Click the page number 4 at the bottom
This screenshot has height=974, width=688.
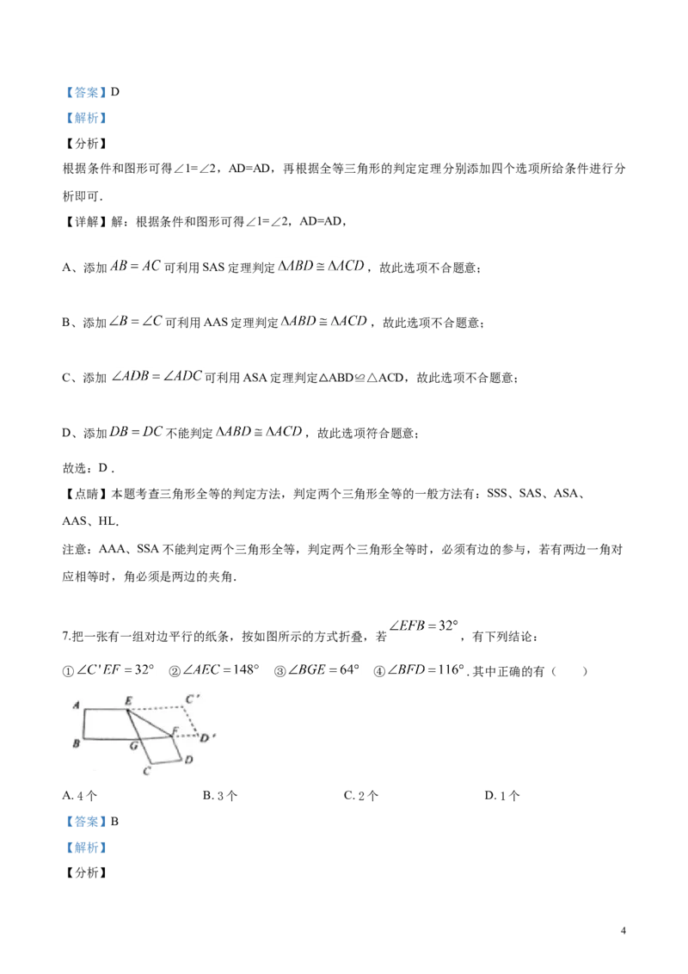tap(623, 930)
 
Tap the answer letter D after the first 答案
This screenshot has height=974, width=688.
tap(115, 92)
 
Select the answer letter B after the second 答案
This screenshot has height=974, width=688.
tap(115, 821)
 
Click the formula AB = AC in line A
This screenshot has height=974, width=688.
tap(135, 266)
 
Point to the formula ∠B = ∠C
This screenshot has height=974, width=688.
tap(135, 321)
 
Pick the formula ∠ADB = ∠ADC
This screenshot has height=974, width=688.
tap(157, 376)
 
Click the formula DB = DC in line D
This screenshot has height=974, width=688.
tap(136, 432)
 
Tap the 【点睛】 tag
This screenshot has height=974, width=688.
tap(86, 494)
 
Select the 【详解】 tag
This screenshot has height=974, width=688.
tap(86, 221)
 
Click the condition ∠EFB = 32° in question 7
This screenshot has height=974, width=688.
tap(423, 626)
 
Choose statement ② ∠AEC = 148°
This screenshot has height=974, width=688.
tap(213, 670)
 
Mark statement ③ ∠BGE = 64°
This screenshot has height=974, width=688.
tap(316, 670)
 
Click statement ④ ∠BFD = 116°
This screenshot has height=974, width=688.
tap(419, 670)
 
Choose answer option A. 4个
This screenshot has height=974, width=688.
tap(79, 796)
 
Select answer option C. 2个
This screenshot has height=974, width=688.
tap(360, 796)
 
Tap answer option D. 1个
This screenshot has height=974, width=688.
tap(501, 796)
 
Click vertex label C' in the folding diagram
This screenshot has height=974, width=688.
tap(193, 700)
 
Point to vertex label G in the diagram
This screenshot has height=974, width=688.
tap(133, 745)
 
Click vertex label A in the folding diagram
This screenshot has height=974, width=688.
tap(76, 705)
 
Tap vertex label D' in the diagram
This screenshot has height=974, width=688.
tap(207, 738)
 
